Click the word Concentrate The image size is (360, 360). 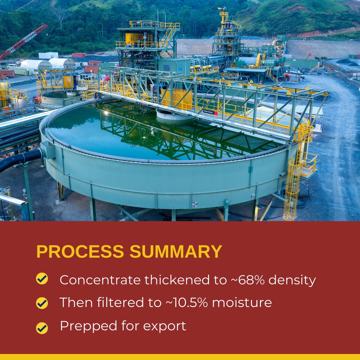100,280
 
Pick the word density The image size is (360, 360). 292,280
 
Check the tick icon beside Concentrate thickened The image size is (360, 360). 42,279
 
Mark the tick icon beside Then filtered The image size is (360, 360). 42,303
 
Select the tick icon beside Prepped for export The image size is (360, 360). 42,328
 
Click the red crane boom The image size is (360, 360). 23,42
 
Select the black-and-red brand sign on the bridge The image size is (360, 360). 210,113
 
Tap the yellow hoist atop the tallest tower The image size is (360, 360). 223,15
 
